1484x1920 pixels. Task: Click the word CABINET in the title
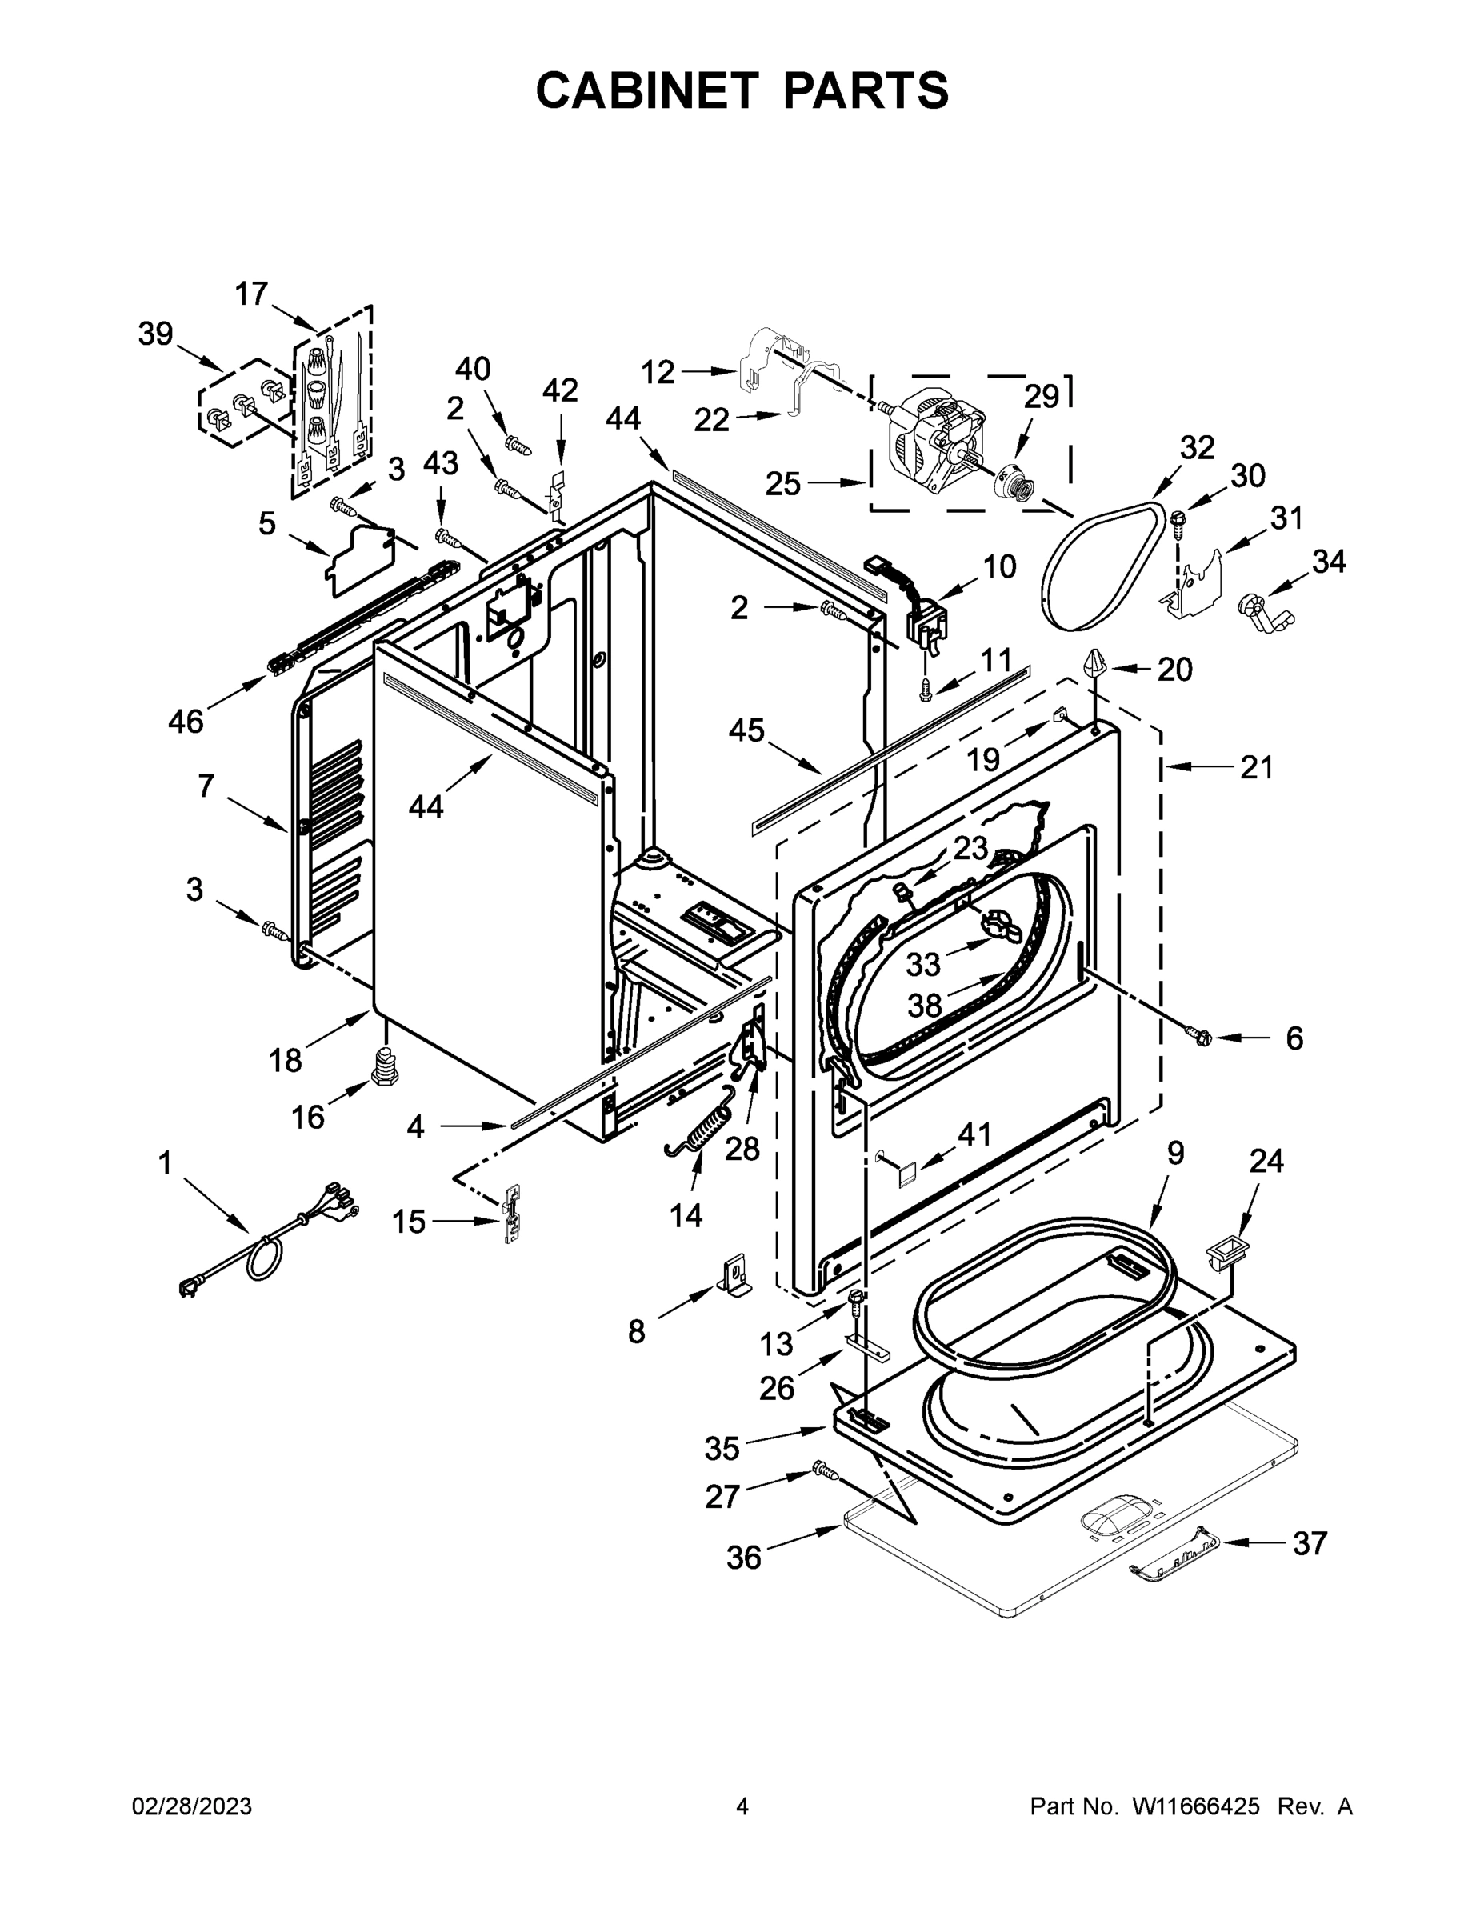pos(646,90)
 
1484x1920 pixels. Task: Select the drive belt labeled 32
pos(1103,567)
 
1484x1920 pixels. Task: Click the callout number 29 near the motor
pos(1041,398)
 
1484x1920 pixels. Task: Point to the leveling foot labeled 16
pos(384,1066)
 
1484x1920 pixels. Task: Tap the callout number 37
pos(1309,1543)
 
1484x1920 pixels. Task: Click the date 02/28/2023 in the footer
pos(192,1807)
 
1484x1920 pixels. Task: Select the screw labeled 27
pos(825,1468)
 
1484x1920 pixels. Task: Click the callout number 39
pos(156,334)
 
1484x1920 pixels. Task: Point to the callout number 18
pos(286,1060)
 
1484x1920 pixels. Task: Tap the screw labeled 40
pos(518,446)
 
